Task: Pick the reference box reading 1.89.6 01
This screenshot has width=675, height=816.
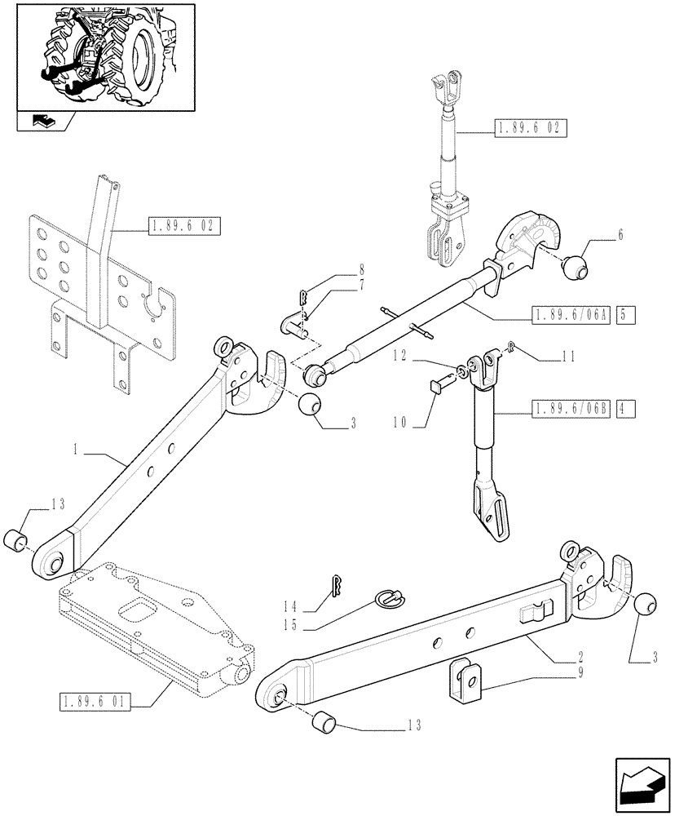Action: click(96, 700)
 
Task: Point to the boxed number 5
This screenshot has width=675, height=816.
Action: click(626, 314)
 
